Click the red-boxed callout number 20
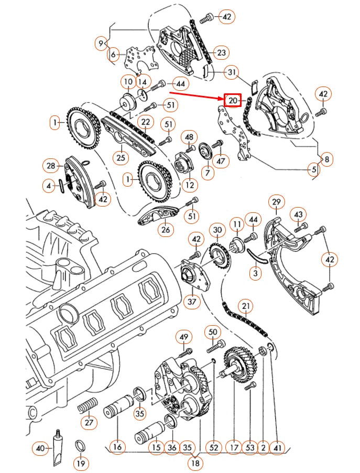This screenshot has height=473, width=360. click(x=233, y=100)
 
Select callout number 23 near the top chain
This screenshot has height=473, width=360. click(x=222, y=52)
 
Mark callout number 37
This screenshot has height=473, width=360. click(x=192, y=302)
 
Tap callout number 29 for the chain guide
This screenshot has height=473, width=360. click(x=276, y=202)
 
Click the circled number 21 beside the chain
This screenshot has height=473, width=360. click(x=245, y=306)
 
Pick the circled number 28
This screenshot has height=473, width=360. click(x=50, y=166)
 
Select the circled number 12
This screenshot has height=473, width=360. click(x=189, y=185)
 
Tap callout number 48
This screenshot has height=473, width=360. click(x=190, y=137)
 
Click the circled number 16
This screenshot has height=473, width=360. click(x=117, y=447)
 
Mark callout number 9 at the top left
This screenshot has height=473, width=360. click(x=102, y=42)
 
